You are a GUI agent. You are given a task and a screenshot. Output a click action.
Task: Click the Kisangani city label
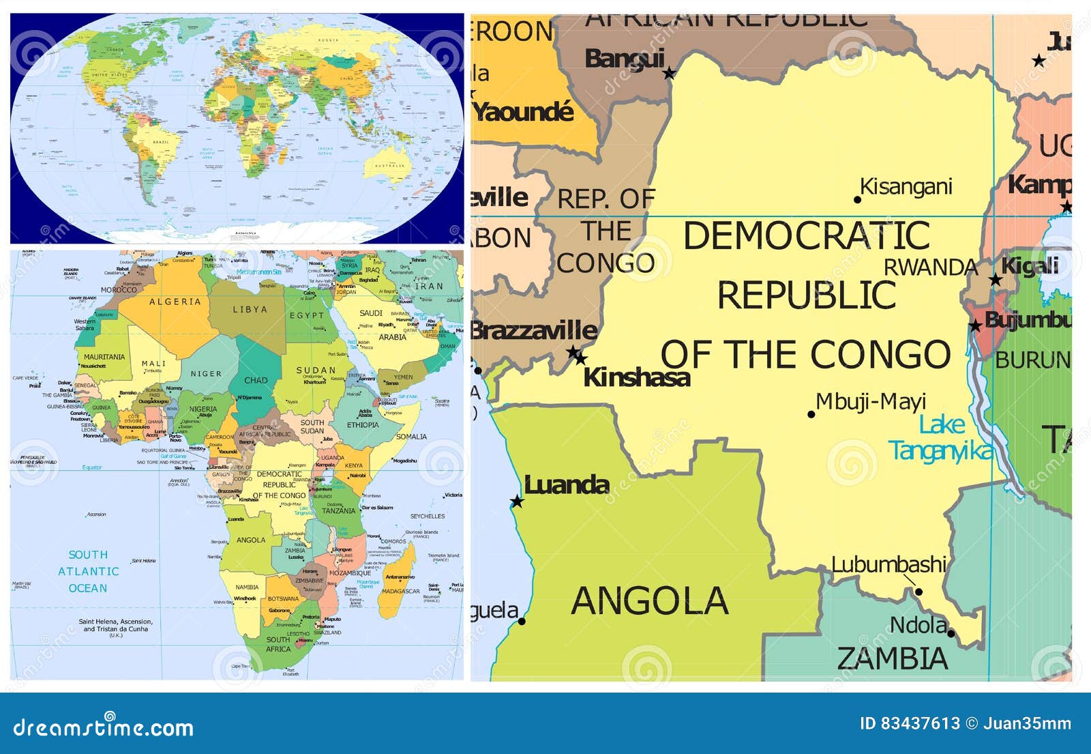click(x=906, y=186)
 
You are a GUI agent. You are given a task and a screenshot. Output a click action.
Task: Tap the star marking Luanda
click(x=517, y=502)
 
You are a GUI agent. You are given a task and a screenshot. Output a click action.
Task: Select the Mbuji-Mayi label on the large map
click(x=871, y=402)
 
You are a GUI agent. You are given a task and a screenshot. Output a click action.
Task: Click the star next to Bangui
click(x=670, y=73)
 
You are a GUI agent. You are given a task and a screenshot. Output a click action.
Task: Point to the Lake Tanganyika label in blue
click(x=941, y=438)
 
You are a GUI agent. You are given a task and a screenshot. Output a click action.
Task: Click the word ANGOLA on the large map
click(x=649, y=601)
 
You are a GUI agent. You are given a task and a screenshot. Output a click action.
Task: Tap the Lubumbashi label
click(x=888, y=565)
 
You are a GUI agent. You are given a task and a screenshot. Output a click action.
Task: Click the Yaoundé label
click(x=524, y=112)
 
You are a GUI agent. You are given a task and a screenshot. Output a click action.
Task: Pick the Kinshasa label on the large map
click(x=636, y=377)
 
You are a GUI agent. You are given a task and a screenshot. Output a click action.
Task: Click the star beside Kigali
click(x=996, y=280)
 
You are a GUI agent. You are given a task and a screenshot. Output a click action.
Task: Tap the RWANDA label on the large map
click(x=931, y=267)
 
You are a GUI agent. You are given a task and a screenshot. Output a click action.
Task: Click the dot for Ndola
click(x=951, y=634)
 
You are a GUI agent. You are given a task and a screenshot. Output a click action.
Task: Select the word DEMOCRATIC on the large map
click(x=806, y=236)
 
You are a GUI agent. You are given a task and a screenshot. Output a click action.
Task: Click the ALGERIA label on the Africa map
click(x=175, y=302)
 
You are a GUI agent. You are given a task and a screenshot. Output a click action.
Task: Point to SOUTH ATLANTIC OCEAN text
click(x=88, y=571)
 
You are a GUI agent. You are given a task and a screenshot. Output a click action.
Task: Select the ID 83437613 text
click(x=910, y=723)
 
